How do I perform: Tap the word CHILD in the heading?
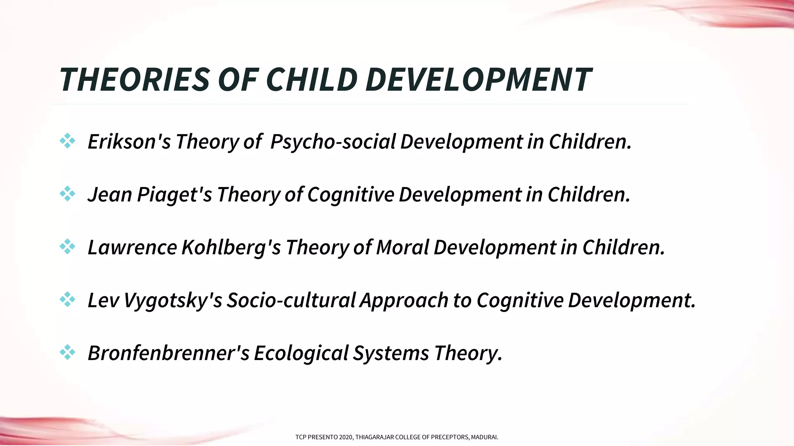[311, 80]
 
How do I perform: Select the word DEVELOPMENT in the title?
[478, 80]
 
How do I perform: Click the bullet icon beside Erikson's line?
[67, 141]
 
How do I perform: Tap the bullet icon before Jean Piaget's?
[67, 194]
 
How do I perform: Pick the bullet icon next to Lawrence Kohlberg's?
[67, 247]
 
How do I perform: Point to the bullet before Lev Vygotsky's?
[67, 299]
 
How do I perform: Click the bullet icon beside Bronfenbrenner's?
[67, 352]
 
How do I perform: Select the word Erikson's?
[129, 142]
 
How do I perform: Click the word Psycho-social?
[333, 142]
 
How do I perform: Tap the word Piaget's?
[174, 194]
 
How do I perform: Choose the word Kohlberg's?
[231, 247]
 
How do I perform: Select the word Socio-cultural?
[291, 300]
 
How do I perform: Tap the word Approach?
[404, 300]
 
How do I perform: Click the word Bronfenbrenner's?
[168, 353]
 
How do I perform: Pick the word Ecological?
[301, 353]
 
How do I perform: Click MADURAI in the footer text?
[484, 437]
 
